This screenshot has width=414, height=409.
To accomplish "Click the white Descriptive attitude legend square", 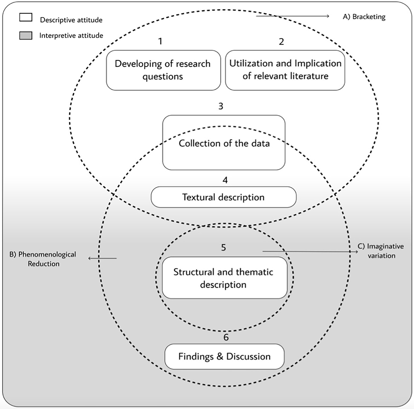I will pyautogui.click(x=26, y=17).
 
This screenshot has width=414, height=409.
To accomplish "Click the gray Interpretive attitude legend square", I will pyautogui.click(x=26, y=36).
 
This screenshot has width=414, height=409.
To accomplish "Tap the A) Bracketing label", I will pyautogui.click(x=364, y=17).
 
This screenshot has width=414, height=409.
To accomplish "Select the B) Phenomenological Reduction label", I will pyautogui.click(x=43, y=259).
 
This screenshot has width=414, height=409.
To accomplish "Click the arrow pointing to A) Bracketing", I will pyautogui.click(x=292, y=16).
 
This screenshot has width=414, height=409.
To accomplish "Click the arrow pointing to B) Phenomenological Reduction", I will pyautogui.click(x=103, y=258).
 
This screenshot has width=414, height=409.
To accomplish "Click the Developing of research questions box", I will pyautogui.click(x=163, y=70).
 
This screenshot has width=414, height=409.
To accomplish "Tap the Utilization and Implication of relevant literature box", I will pyautogui.click(x=285, y=70).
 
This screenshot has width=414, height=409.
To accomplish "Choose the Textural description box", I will pyautogui.click(x=223, y=197).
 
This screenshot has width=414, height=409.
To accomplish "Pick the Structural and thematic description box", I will pyautogui.click(x=224, y=278).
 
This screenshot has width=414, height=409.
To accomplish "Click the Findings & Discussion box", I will pyautogui.click(x=224, y=356).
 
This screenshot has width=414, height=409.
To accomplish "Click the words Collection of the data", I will pyautogui.click(x=224, y=144).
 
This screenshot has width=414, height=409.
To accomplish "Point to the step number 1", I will pyautogui.click(x=160, y=41).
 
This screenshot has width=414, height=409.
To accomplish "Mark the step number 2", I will pyautogui.click(x=281, y=41).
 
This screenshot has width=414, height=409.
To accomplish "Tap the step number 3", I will pyautogui.click(x=221, y=106).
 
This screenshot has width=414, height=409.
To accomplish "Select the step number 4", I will pyautogui.click(x=225, y=180).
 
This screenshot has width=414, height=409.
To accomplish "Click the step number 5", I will pyautogui.click(x=223, y=247).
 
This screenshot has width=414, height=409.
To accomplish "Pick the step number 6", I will pyautogui.click(x=226, y=337).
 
